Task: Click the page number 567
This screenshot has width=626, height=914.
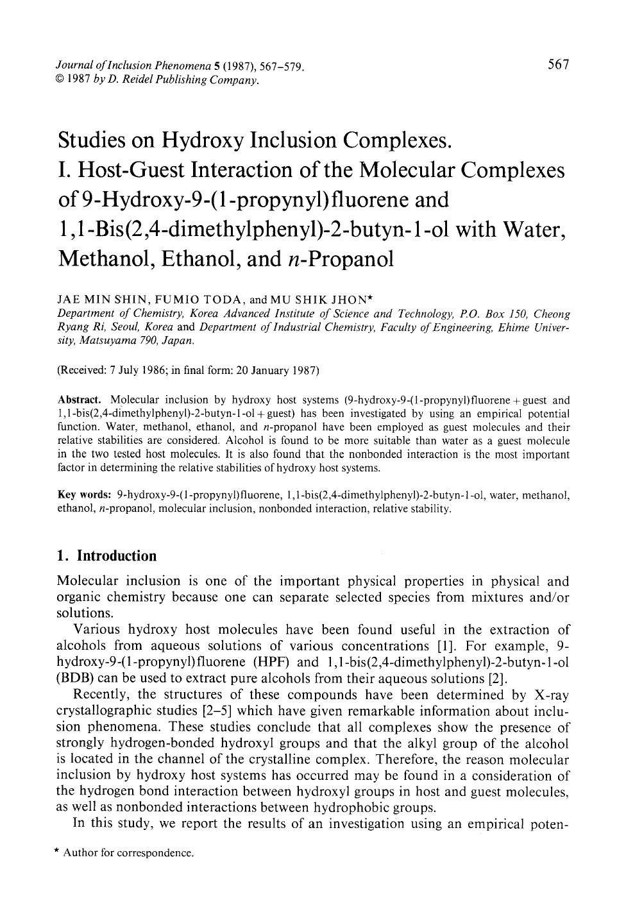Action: (x=558, y=64)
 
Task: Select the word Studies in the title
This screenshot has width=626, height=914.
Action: (x=96, y=140)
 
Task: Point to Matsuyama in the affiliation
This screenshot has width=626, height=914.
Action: (x=103, y=341)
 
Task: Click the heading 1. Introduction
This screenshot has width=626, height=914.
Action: (x=107, y=555)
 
